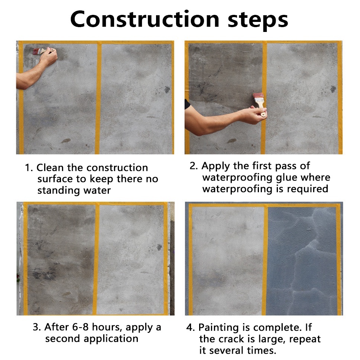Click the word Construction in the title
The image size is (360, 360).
click(x=145, y=19)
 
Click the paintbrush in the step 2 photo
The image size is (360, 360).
click(x=260, y=103)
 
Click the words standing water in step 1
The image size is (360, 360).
click(x=74, y=191)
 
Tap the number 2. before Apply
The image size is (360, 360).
click(x=194, y=166)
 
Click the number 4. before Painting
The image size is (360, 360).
click(x=191, y=328)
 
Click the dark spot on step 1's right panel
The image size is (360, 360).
click(x=167, y=90)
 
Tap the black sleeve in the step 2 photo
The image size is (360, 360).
click(x=187, y=104)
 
